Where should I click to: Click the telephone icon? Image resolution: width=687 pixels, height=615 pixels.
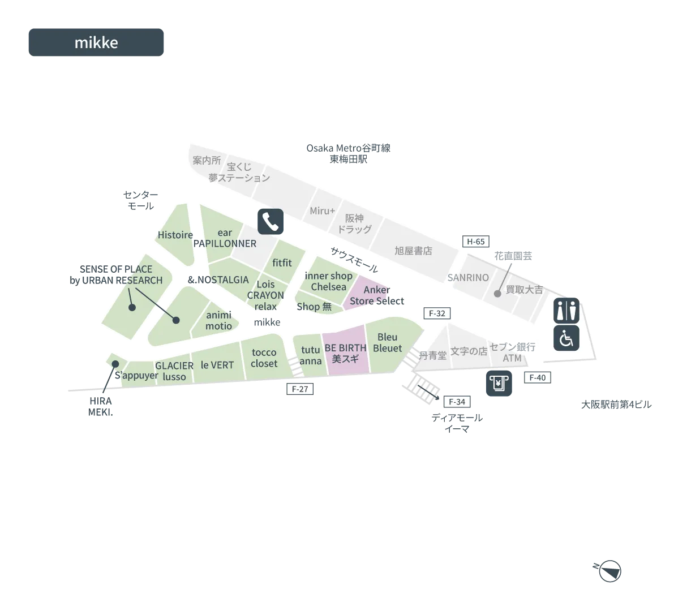[270, 221]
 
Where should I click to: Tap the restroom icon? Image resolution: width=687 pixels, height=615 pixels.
[566, 310]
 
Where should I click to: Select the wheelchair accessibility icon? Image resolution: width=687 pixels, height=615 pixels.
[566, 338]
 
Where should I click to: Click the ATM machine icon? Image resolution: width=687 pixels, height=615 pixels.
[499, 384]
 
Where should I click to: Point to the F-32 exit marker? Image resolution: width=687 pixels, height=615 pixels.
[437, 313]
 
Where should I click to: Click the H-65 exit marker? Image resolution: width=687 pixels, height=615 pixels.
[475, 242]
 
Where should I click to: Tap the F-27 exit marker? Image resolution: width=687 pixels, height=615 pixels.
[300, 389]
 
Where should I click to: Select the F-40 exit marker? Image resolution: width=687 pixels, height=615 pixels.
[537, 377]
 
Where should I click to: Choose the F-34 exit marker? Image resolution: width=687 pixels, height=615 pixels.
[457, 402]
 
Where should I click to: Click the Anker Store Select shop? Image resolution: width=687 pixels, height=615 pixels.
[377, 295]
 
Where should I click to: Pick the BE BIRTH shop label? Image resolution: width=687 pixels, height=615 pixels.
[345, 348]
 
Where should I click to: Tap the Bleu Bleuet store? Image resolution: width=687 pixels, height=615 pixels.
[387, 342]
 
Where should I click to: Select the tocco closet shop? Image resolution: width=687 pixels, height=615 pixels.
[264, 358]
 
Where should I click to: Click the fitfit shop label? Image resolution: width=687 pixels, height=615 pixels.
[282, 263]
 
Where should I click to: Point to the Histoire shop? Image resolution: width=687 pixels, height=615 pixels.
[175, 235]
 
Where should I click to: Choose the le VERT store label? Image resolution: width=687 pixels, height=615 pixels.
[217, 365]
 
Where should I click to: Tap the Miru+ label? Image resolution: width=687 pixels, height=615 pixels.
[322, 210]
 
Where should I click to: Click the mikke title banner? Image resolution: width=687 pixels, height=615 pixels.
[96, 42]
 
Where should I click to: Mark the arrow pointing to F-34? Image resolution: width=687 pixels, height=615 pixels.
[428, 392]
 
